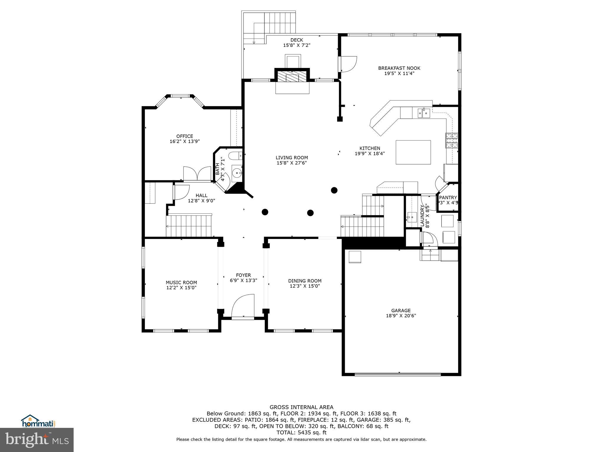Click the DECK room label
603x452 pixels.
coord(296,40)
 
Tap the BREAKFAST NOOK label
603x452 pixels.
coord(399,68)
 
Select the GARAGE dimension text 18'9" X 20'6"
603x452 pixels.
coord(401,316)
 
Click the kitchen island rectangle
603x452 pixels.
coord(413,152)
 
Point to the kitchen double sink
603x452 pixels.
coord(423,113)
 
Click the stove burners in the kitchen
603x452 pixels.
coord(452,140)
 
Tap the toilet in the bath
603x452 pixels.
coord(236,155)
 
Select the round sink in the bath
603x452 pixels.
coord(236,173)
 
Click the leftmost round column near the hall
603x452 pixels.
coord(265,212)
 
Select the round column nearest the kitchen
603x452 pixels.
coord(334,190)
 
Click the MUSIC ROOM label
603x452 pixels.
coord(181,282)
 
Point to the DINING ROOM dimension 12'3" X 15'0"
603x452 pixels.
coord(304,286)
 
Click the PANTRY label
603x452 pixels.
coord(448,197)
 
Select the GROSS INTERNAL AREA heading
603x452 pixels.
coord(301,407)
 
